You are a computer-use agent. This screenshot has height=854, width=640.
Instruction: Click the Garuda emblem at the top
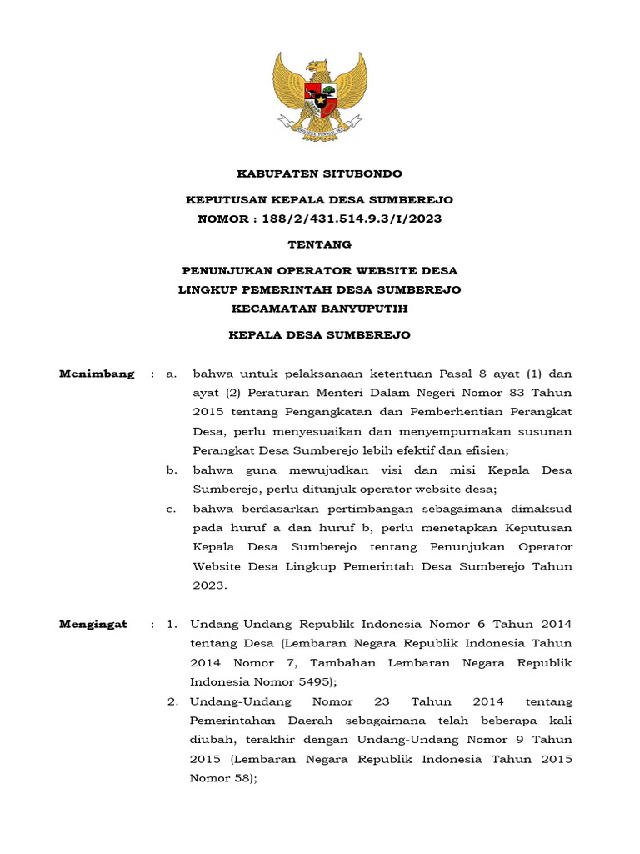click(x=319, y=95)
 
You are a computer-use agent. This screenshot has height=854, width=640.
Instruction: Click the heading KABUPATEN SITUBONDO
click(x=319, y=173)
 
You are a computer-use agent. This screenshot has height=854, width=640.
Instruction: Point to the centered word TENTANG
click(x=319, y=244)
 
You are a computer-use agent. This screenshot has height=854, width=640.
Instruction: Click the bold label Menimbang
click(x=97, y=374)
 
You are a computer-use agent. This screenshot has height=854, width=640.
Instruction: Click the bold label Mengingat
click(x=94, y=624)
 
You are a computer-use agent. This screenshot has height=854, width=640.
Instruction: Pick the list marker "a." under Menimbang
click(x=172, y=374)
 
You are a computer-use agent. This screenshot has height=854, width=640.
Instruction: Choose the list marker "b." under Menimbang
click(x=172, y=470)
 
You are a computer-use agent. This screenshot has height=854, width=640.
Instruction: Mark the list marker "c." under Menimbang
click(x=172, y=509)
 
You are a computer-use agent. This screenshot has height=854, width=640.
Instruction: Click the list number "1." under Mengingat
click(x=172, y=624)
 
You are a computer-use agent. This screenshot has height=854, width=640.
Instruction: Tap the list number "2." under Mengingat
click(x=172, y=701)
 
